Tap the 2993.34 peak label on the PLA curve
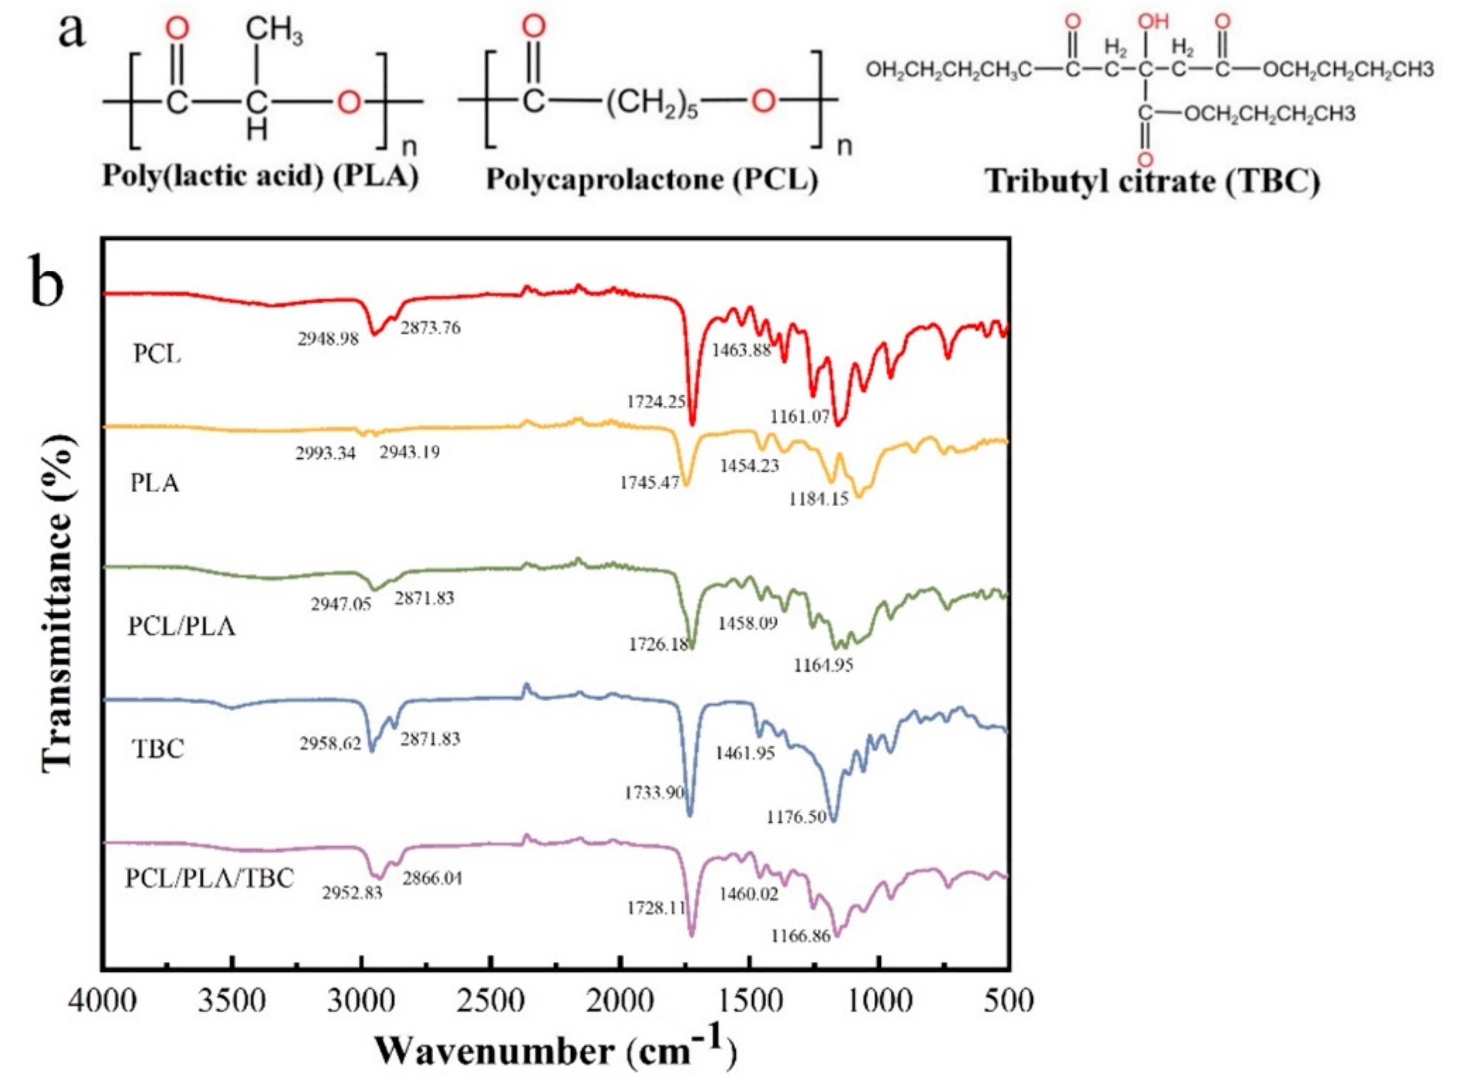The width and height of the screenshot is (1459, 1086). pyautogui.click(x=325, y=454)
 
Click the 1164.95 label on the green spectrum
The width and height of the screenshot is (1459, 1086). pyautogui.click(x=823, y=665)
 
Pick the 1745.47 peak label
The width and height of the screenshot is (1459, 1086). pyautogui.click(x=649, y=483)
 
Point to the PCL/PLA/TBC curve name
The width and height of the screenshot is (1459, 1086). pyautogui.click(x=209, y=878)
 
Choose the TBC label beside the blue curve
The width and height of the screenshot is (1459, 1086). pyautogui.click(x=158, y=749)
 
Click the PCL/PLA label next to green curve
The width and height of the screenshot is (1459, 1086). pyautogui.click(x=181, y=627)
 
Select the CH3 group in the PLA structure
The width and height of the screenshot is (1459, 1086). pyautogui.click(x=274, y=31)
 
